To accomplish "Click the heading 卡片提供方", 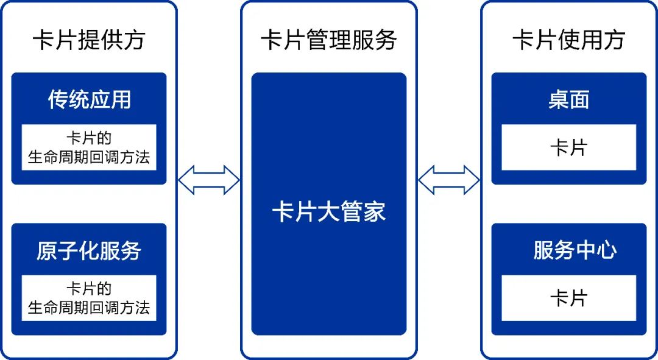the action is point(89,41).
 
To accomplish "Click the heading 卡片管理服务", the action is point(329,41).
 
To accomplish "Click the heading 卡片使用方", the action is point(568,41).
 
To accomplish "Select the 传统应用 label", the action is point(89,100).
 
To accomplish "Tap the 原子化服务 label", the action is point(89,251).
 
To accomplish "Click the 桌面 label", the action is point(568,100).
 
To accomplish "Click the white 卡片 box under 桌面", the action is point(568,147).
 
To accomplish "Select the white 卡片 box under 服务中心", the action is point(568,298).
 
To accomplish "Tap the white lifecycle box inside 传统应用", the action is point(89,147).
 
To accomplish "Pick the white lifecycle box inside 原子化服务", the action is point(89,298).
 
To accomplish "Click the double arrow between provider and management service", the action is point(208,180).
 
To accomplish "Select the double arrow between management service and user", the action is point(449,180).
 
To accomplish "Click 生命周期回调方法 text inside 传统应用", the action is point(89,158).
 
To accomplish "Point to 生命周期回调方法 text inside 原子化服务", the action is point(89,308).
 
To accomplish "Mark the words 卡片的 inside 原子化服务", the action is point(89,288).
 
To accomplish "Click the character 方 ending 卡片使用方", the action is point(613,41).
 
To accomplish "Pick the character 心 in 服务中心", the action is point(606,250).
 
